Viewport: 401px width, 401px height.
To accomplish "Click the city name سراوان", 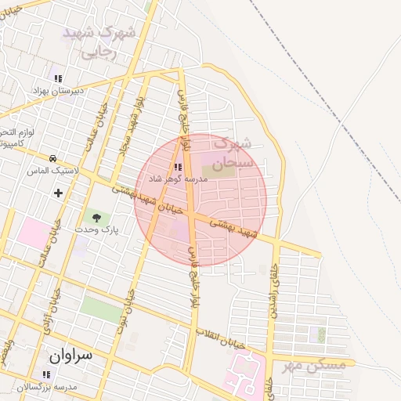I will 70,354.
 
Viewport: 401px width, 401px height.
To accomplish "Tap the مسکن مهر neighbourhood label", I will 316,363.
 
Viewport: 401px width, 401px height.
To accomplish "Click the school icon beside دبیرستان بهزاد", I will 57,78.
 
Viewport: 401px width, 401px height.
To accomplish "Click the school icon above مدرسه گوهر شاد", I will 178,166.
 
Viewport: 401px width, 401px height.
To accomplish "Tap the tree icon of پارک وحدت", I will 96,217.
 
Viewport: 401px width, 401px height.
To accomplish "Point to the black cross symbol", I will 58,193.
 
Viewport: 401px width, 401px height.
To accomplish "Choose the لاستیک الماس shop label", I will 52,170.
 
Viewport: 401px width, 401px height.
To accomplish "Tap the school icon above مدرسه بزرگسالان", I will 45,374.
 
